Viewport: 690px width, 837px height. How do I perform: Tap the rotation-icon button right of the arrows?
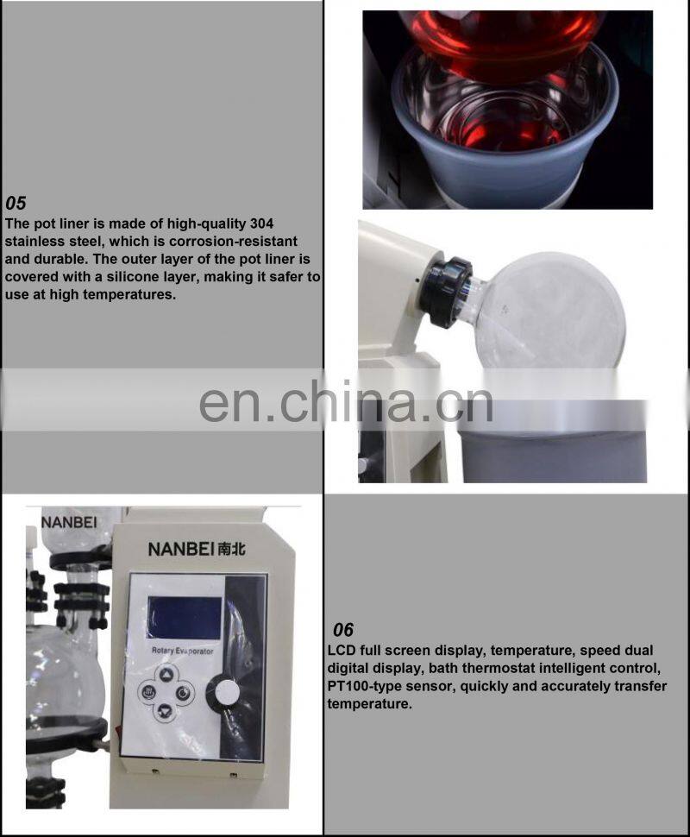183,692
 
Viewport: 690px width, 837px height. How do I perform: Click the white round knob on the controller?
227,692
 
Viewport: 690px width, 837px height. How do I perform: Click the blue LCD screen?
184,618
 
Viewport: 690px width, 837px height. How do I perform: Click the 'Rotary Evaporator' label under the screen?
182,651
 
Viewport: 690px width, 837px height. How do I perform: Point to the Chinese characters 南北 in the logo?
231,549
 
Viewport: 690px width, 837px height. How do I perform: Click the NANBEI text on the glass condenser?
69,522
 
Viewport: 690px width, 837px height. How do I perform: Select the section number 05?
16,204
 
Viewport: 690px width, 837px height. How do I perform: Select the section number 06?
343,630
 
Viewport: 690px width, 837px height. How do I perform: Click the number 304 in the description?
261,223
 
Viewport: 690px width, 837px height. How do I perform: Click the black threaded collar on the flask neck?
445,291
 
